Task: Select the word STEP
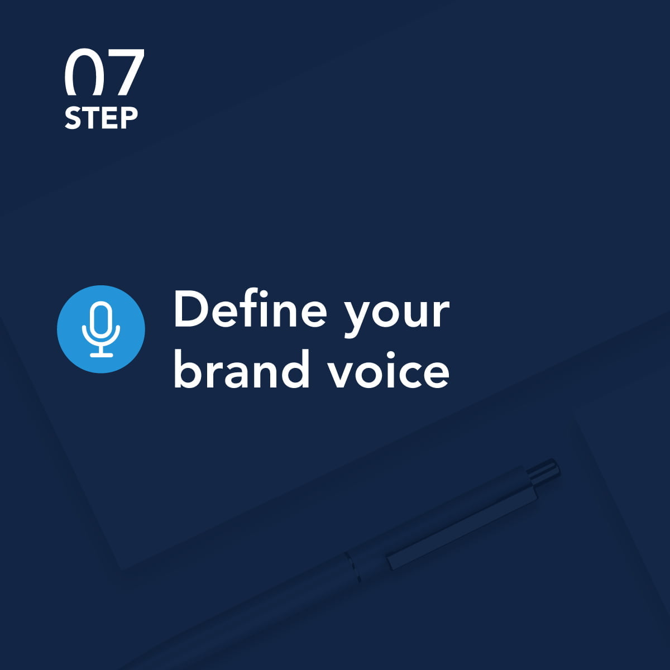pyautogui.click(x=101, y=118)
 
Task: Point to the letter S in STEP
pyautogui.click(x=73, y=118)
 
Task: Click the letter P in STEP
pyautogui.click(x=130, y=118)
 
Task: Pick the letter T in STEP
pyautogui.click(x=92, y=118)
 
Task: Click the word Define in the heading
pyautogui.click(x=250, y=308)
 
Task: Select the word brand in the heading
pyautogui.click(x=241, y=369)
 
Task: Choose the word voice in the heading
pyautogui.click(x=389, y=370)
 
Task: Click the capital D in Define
pyautogui.click(x=192, y=309)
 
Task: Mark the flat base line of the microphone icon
pyautogui.click(x=101, y=355)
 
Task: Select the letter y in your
pyautogui.click(x=358, y=318)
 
